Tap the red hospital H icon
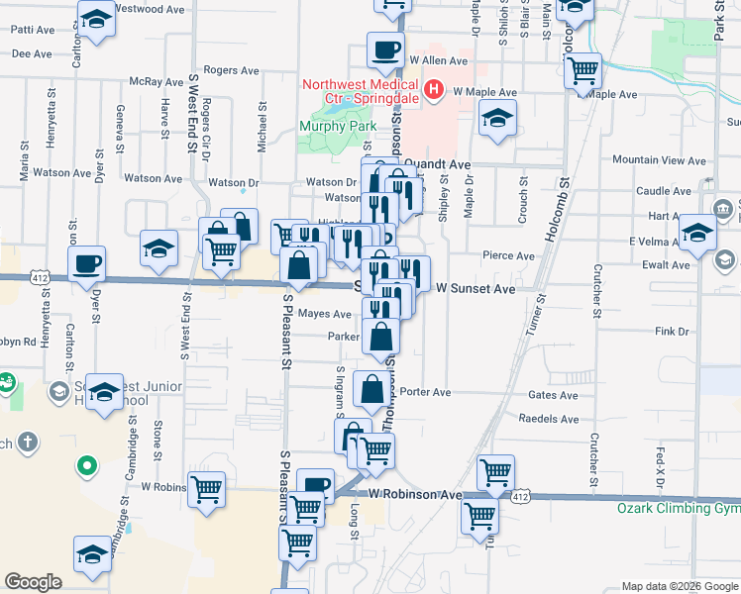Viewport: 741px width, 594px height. (432, 91)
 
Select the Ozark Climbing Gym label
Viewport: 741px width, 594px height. (679, 508)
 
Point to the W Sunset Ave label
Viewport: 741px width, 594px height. (476, 288)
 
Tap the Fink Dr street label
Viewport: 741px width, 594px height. (671, 332)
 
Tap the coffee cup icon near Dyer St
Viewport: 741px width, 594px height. (87, 263)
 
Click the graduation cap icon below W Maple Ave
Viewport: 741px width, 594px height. (497, 120)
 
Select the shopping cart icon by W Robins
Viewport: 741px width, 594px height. (207, 488)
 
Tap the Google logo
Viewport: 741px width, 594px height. (33, 582)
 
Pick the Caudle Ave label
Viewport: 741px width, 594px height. (656, 190)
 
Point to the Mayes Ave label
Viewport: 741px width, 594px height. (325, 314)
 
